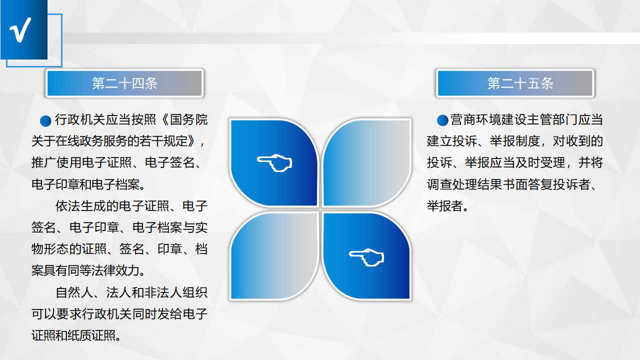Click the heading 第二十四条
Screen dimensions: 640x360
[x=124, y=83]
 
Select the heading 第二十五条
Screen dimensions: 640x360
[x=520, y=83]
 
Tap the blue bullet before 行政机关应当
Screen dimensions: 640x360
[x=45, y=120]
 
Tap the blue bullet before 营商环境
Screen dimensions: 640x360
[x=442, y=120]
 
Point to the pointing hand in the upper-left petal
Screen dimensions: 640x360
[x=274, y=162]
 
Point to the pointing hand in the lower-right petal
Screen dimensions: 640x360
[x=366, y=257]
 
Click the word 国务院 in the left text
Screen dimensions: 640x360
[x=189, y=119]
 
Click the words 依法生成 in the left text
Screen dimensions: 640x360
[x=80, y=206]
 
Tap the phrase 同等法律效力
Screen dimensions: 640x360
[x=107, y=270]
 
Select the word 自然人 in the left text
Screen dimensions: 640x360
[x=74, y=292]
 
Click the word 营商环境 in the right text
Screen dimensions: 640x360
[x=475, y=119]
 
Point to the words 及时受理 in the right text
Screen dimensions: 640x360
[x=540, y=162]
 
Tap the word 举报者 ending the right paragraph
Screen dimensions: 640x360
[x=445, y=206]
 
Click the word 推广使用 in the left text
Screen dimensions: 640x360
[x=56, y=162]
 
